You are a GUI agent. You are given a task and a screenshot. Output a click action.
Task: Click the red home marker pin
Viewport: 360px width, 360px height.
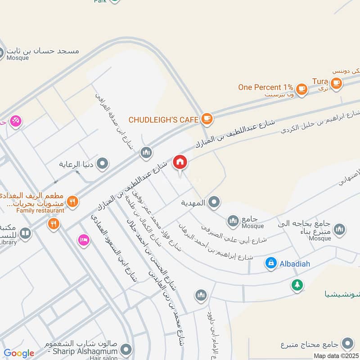pyautogui.click(x=180, y=162)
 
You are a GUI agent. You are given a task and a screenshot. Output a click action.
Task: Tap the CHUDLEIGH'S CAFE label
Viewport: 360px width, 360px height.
pyautogui.click(x=163, y=120)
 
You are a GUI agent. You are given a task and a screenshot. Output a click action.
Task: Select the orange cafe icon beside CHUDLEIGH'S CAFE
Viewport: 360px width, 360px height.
pyautogui.click(x=207, y=119)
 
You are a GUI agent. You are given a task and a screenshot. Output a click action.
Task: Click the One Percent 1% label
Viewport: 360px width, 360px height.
pyautogui.click(x=265, y=87)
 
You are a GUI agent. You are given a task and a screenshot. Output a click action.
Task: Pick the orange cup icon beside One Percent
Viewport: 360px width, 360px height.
pyautogui.click(x=302, y=89)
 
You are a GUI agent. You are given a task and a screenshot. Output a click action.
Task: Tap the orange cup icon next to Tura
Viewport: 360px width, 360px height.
pyautogui.click(x=335, y=83)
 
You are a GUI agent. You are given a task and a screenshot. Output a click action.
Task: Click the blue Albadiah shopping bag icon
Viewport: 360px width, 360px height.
pyautogui.click(x=271, y=262)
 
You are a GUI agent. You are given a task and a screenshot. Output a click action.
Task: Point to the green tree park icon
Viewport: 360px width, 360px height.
pyautogui.click(x=297, y=284)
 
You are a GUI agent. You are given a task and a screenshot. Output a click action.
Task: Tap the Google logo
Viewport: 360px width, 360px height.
pyautogui.click(x=19, y=354)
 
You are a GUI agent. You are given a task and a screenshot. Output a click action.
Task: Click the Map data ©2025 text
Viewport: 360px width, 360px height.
pyautogui.click(x=336, y=356)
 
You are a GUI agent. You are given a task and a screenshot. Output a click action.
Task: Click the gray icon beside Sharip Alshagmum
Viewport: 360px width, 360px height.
pyautogui.click(x=126, y=349)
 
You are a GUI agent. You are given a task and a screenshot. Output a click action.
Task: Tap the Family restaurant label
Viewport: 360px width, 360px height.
pyautogui.click(x=40, y=210)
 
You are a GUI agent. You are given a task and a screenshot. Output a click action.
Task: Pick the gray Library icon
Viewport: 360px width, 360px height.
pyautogui.click(x=26, y=233)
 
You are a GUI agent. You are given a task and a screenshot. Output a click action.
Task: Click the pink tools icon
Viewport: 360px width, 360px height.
pyautogui.click(x=16, y=121)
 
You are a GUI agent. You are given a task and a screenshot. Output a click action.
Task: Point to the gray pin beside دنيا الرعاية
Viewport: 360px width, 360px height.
pyautogui.click(x=103, y=163)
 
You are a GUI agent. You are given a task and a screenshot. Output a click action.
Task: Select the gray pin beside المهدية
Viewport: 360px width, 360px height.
pyautogui.click(x=214, y=203)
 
